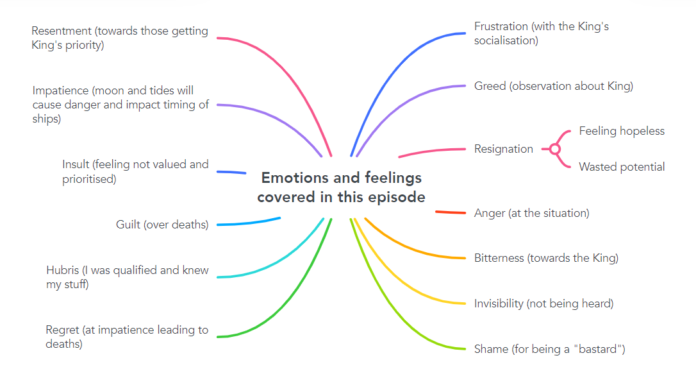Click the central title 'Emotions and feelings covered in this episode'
click(x=341, y=187)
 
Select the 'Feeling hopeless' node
click(x=622, y=131)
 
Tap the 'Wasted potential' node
click(x=622, y=167)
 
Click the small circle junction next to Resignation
click(x=555, y=149)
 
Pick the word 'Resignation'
click(x=504, y=149)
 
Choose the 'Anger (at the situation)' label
click(x=531, y=213)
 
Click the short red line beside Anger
click(x=451, y=212)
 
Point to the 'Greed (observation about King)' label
click(x=553, y=86)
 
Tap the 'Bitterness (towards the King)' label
click(x=546, y=258)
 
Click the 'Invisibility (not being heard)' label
click(x=543, y=304)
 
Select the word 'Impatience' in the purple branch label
click(x=60, y=90)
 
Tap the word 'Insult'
click(x=76, y=164)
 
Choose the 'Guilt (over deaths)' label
click(x=162, y=225)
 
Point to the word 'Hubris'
click(x=63, y=270)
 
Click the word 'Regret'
click(x=62, y=330)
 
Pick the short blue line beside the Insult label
click(x=231, y=172)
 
